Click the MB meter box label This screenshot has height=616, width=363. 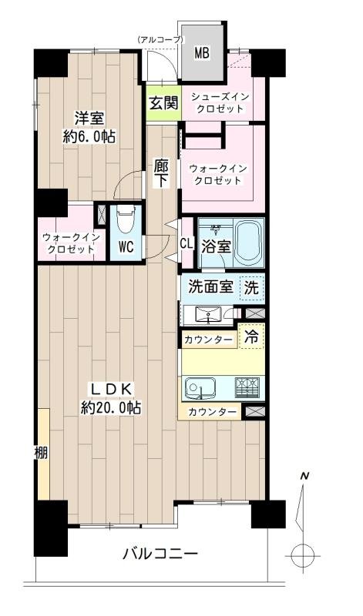[x=201, y=53]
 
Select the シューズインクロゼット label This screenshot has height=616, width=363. [x=220, y=102]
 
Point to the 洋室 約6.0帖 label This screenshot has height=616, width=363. [x=89, y=126]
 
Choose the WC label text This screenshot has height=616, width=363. [x=126, y=248]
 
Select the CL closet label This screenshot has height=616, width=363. [x=186, y=244]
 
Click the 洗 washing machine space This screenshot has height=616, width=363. [x=251, y=288]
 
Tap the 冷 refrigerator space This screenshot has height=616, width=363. [x=252, y=336]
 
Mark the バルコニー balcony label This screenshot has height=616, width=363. [x=160, y=554]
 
